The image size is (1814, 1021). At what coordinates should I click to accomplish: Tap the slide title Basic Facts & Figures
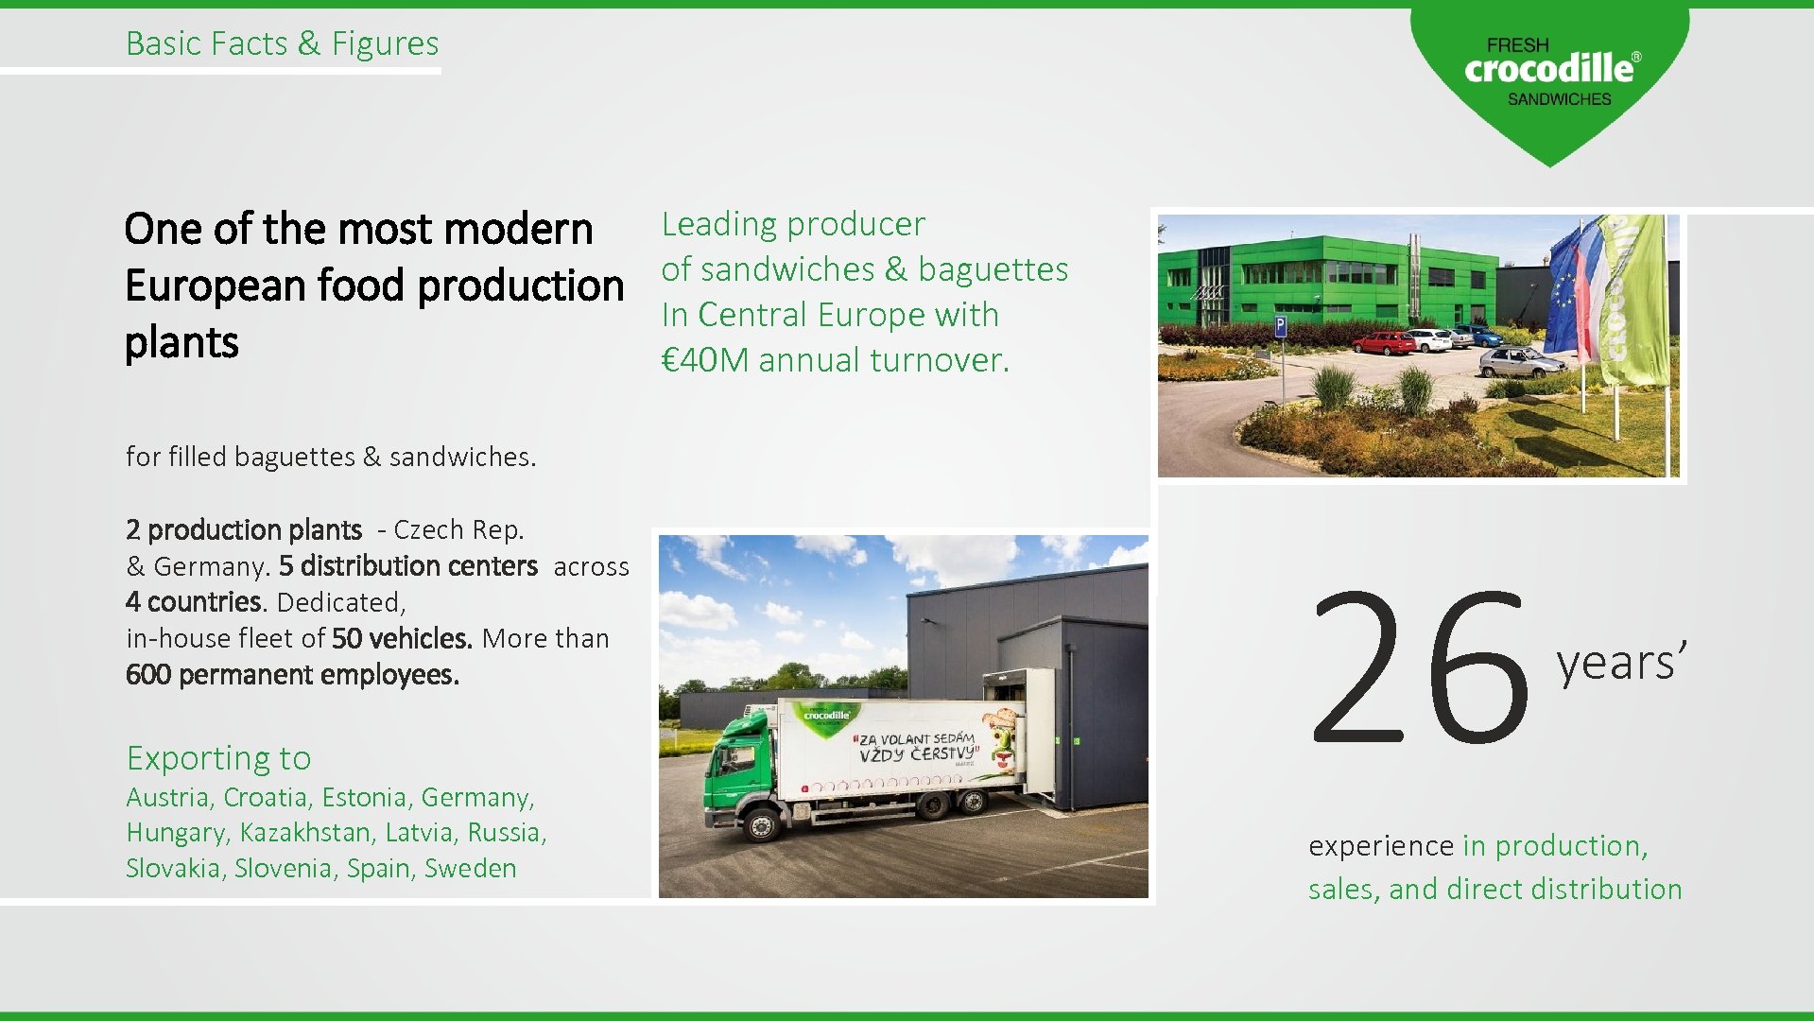click(x=282, y=43)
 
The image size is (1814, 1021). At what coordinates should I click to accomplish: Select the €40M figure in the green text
click(x=705, y=360)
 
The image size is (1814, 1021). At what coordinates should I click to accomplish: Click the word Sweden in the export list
click(x=470, y=869)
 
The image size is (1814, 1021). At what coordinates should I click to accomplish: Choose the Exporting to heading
click(x=218, y=758)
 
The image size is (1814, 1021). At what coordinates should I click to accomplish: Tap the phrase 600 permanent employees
click(x=292, y=675)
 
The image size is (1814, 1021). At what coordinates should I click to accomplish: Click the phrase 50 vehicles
click(x=402, y=639)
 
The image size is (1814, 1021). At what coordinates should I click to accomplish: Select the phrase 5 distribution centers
click(x=407, y=566)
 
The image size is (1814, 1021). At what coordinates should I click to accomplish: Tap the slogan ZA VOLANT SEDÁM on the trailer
click(x=915, y=739)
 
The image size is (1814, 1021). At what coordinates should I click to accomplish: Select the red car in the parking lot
click(x=1383, y=343)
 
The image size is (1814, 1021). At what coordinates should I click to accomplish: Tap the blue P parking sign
click(x=1281, y=327)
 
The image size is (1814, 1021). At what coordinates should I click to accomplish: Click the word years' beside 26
click(x=1620, y=662)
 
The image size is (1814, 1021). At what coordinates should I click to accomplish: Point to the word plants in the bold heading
click(x=181, y=342)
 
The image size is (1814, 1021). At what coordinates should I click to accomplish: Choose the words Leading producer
click(x=793, y=224)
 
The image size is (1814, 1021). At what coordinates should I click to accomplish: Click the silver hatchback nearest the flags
click(x=1521, y=361)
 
